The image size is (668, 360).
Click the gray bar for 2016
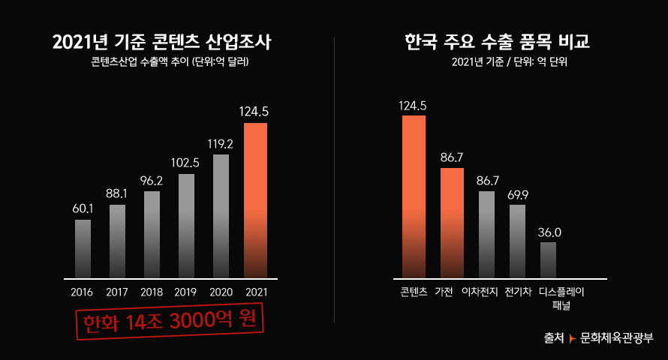coord(83,248)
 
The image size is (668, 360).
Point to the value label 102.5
coord(185,162)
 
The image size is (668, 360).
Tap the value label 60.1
coord(83,208)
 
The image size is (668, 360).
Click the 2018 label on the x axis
coord(151,292)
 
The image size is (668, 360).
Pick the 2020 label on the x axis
coord(221,292)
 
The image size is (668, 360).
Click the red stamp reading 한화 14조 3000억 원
coord(170,320)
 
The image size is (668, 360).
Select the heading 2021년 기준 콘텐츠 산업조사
coord(161,43)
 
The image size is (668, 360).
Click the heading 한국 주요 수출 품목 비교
coord(497,41)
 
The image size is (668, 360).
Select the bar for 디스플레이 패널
coord(548,259)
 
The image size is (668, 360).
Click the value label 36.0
coord(549,232)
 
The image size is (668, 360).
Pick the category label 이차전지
coord(480,291)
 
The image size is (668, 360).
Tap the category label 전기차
coord(519,291)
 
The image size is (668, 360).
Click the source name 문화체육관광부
coord(617,338)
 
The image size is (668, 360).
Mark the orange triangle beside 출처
coord(573,339)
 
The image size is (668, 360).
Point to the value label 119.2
coord(221,142)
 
